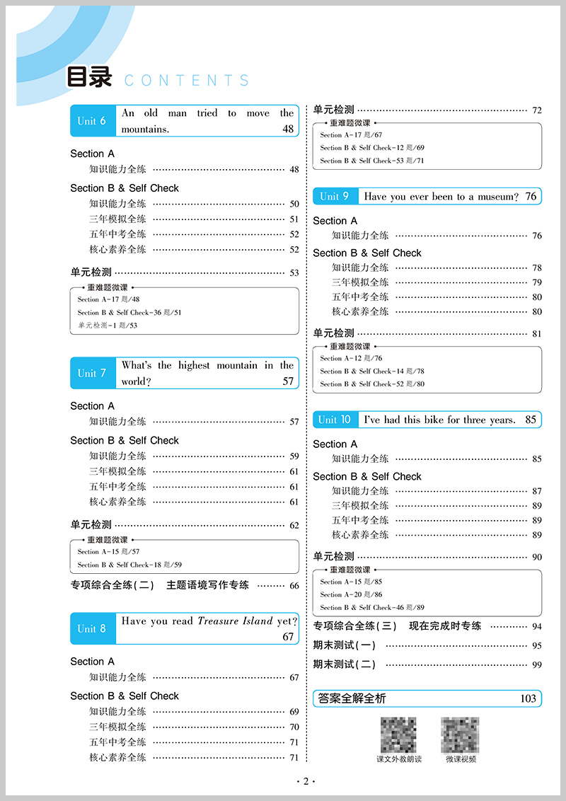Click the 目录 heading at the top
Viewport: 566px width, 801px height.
tap(89, 78)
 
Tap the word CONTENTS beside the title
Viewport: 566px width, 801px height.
tap(187, 81)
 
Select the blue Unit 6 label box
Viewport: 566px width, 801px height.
tap(93, 121)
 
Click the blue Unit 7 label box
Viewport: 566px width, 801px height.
tap(93, 373)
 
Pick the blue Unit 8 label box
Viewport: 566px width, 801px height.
tap(93, 628)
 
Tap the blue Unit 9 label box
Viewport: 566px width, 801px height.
tap(335, 197)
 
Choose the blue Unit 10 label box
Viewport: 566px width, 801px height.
tap(335, 420)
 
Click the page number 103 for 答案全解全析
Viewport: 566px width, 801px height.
tap(528, 698)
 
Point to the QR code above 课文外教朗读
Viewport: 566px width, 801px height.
tap(399, 734)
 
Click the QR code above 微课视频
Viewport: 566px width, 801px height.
tap(461, 734)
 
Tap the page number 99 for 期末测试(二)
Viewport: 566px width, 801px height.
tap(536, 664)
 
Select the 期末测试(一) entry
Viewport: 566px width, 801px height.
tap(345, 645)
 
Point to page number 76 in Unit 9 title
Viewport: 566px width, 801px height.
tap(531, 197)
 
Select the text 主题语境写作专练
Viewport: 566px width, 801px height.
tap(207, 585)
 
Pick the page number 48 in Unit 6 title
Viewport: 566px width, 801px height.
tap(287, 129)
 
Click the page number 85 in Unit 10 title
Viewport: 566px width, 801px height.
tap(531, 420)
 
